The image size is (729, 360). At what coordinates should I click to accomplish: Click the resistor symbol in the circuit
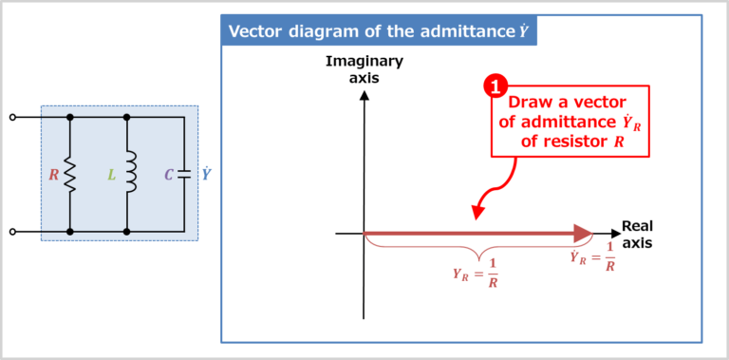(x=70, y=175)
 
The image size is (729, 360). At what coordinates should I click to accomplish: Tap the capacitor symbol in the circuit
(x=182, y=175)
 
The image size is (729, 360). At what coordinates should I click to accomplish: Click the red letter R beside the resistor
(x=53, y=175)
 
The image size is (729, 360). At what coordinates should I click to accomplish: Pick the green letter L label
(x=111, y=175)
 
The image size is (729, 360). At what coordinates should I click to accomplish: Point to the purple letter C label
(x=168, y=175)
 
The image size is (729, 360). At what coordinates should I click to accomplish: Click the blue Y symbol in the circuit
(x=206, y=174)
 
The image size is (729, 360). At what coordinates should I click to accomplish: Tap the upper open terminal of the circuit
(x=12, y=118)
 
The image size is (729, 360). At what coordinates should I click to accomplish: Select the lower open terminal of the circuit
(x=12, y=231)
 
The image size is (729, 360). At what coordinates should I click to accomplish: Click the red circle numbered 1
(x=495, y=87)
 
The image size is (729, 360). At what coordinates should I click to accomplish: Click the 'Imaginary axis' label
(x=364, y=69)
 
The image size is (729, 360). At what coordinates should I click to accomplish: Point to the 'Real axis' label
(x=637, y=234)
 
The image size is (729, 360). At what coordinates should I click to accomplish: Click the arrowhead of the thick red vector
(x=581, y=233)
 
